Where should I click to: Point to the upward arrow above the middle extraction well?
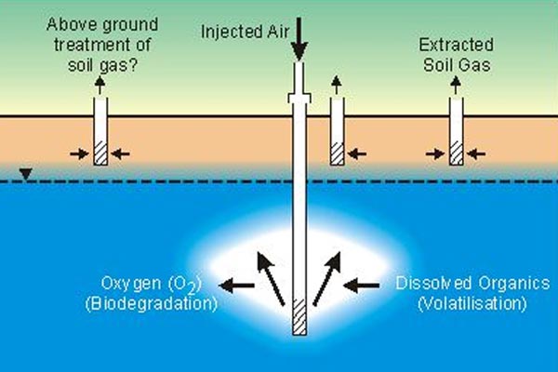coord(337,86)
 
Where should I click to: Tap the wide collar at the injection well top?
coord(299,97)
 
